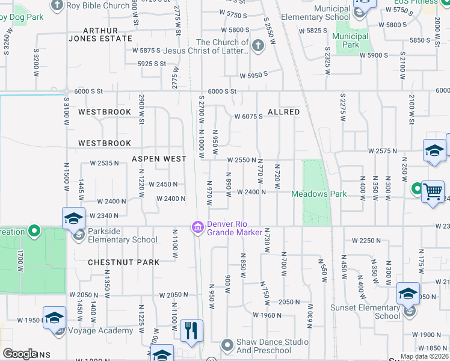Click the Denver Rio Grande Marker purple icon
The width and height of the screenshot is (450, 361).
197,227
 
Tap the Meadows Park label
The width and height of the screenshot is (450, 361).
319,194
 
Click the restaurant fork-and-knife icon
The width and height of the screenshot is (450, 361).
191,331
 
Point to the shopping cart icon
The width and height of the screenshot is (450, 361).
433,192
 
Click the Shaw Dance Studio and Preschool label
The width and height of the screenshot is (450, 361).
264,346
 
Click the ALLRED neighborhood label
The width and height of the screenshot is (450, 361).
283,113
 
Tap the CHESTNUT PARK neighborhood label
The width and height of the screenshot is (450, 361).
124,262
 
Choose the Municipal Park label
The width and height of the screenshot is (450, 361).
351,40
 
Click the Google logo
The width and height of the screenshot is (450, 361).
19,354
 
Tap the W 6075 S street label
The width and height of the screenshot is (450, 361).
248,117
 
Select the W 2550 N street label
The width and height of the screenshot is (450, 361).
242,159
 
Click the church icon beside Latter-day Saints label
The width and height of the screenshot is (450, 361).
257,46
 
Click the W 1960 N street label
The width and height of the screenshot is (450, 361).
267,315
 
